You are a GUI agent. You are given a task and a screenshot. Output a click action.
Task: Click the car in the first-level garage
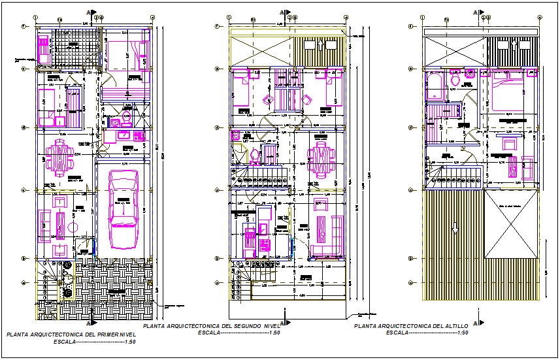coord(123,209)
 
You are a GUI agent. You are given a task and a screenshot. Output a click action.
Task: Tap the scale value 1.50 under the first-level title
coord(130,342)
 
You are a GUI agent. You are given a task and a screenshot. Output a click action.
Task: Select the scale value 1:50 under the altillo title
coord(463,333)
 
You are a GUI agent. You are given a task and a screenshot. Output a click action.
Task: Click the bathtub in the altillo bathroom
coord(436,84)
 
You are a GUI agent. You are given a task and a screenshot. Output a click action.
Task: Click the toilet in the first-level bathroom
coord(127,118)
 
